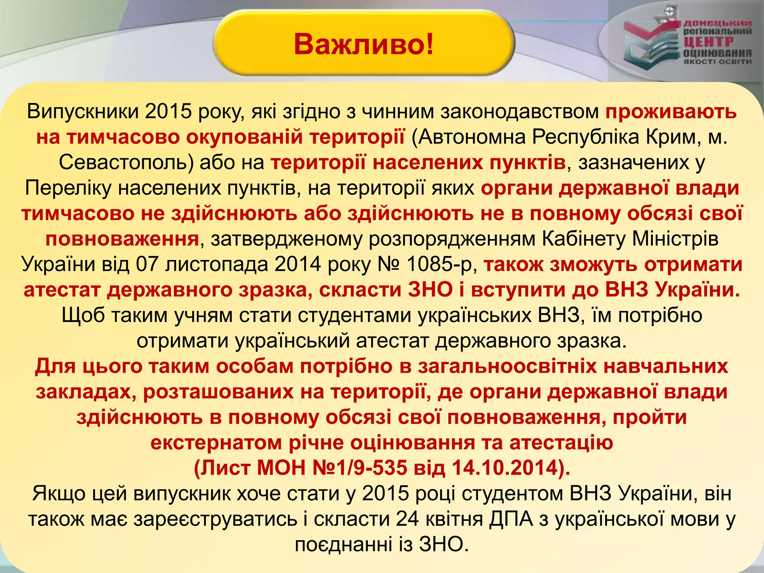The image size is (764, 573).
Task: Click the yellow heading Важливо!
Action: point(364,44)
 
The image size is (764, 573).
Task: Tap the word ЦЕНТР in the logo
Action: point(709,42)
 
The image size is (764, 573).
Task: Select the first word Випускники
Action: point(82,111)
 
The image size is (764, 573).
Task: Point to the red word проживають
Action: point(671,111)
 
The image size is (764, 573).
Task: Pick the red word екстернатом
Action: point(216,443)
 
